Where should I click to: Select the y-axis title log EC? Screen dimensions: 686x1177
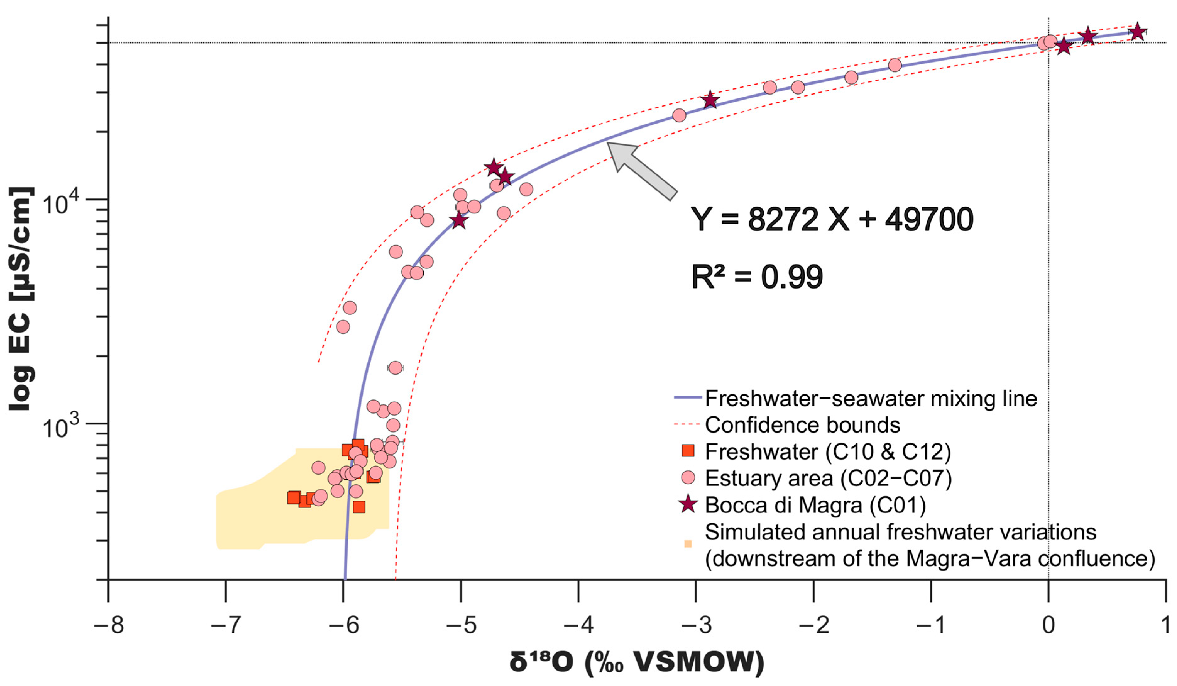point(21,299)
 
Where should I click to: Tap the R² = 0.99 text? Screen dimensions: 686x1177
point(757,277)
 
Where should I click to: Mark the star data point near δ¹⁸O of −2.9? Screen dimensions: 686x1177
point(710,100)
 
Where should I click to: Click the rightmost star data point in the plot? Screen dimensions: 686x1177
point(1137,32)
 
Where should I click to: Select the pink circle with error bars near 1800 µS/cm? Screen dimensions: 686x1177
point(395,368)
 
